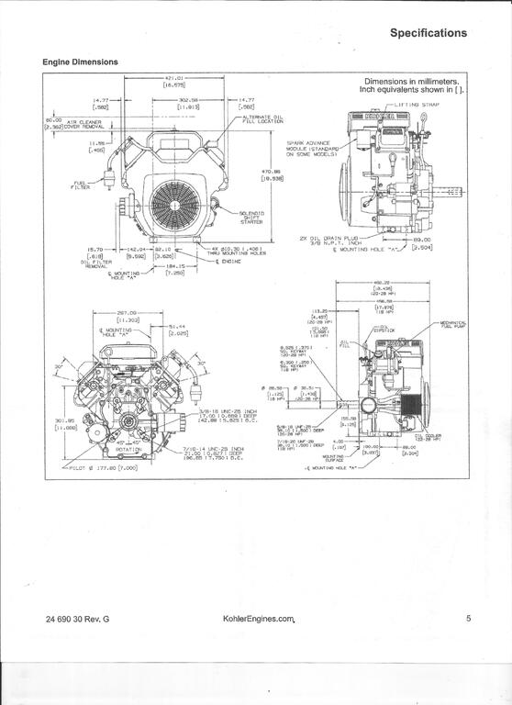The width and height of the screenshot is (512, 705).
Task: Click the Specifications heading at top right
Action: (428, 33)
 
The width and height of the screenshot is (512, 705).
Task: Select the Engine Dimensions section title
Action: (80, 62)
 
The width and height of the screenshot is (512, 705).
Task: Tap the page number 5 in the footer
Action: (468, 619)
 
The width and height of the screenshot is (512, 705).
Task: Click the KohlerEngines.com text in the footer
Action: (260, 620)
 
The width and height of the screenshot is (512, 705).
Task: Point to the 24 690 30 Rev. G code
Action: (77, 620)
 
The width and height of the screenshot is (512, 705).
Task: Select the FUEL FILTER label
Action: (82, 185)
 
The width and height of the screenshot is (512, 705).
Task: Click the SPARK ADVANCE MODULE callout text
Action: (314, 149)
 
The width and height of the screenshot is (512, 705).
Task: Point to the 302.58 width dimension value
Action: (189, 100)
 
